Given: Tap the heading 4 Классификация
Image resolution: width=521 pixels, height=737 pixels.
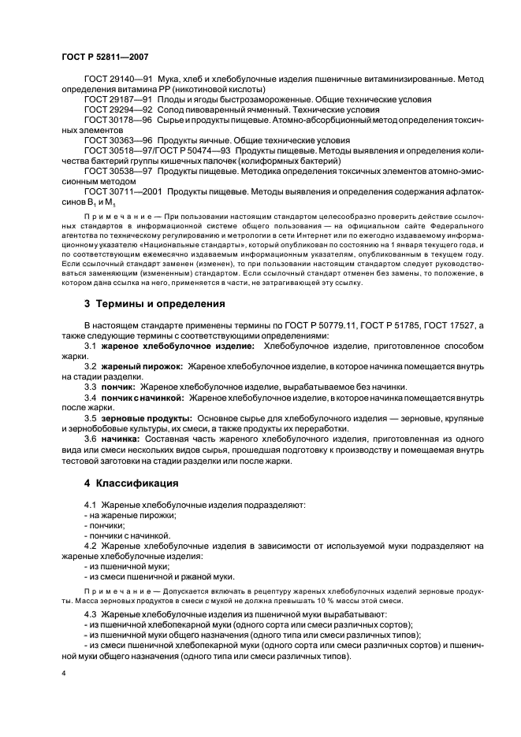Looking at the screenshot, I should click(131, 483).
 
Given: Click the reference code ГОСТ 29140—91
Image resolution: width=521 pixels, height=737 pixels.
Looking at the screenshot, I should click(117, 79).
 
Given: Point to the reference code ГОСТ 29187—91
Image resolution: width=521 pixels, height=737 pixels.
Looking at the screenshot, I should click(117, 100).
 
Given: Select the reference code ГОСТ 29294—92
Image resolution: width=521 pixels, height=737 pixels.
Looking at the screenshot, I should click(117, 110).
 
